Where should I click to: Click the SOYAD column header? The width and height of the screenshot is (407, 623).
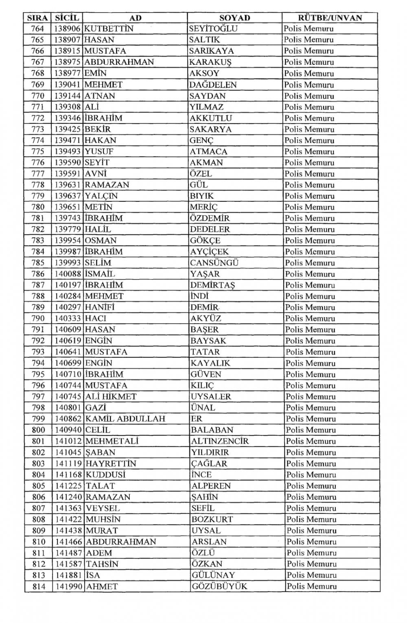pyautogui.click(x=234, y=17)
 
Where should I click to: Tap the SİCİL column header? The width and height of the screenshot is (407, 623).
pyautogui.click(x=67, y=17)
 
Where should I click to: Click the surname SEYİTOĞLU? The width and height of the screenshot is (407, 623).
pyautogui.click(x=213, y=28)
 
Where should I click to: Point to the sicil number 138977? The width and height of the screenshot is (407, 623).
pyautogui.click(x=68, y=73)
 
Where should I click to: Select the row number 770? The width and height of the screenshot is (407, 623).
pyautogui.click(x=37, y=96)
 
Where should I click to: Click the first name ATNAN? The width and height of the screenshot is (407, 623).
pyautogui.click(x=100, y=96)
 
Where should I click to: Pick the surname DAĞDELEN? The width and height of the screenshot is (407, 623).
pyautogui.click(x=213, y=85)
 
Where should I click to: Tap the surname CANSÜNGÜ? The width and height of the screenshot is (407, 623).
pyautogui.click(x=214, y=262)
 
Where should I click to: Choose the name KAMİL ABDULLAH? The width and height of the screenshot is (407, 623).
pyautogui.click(x=125, y=419)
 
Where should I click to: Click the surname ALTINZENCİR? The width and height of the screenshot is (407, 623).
pyautogui.click(x=220, y=441)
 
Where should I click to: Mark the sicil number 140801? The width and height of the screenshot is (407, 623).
pyautogui.click(x=68, y=407)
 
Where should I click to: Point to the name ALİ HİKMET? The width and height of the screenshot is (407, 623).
pyautogui.click(x=111, y=396)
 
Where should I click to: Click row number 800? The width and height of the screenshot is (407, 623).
pyautogui.click(x=38, y=430)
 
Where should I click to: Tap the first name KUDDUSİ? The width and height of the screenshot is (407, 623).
pyautogui.click(x=105, y=474)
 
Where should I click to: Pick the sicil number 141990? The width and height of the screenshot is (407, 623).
pyautogui.click(x=69, y=586)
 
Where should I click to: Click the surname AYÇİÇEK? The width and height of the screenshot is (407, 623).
pyautogui.click(x=209, y=251)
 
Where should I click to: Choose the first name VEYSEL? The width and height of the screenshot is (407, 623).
pyautogui.click(x=103, y=508)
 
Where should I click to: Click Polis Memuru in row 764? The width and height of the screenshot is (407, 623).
pyautogui.click(x=309, y=28)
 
